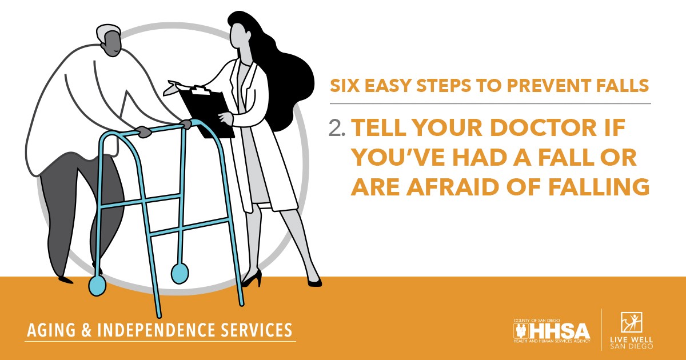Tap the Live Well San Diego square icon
point(631,322)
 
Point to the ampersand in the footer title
point(86,330)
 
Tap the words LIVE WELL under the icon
point(631,340)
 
